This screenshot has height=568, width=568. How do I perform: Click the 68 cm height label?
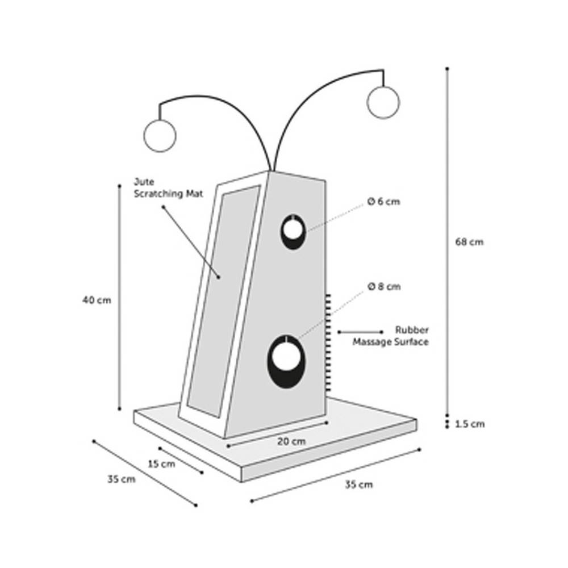(x=469, y=241)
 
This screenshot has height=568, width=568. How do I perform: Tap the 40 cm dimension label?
(x=97, y=300)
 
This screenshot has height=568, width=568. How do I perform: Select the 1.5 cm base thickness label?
(x=470, y=424)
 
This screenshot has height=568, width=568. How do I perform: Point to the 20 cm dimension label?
(x=291, y=441)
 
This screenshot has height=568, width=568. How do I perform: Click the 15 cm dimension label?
(x=161, y=463)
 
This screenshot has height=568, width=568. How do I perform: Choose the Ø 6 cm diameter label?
(x=383, y=202)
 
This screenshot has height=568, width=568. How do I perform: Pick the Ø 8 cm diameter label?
(x=384, y=286)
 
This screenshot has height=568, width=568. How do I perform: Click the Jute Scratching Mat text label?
(x=169, y=187)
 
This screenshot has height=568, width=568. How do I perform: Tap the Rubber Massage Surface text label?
(x=391, y=336)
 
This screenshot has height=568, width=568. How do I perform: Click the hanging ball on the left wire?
(x=160, y=136)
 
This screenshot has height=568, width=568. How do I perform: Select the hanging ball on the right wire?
(x=383, y=102)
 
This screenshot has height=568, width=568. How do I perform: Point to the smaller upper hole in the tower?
(x=293, y=232)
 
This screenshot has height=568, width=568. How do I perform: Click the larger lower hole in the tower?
(x=286, y=362)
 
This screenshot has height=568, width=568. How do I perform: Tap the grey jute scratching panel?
(x=224, y=300)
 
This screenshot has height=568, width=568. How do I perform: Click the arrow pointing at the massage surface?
(x=360, y=332)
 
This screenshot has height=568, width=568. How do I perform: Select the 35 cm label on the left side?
(x=122, y=479)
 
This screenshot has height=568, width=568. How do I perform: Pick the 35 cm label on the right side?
(x=358, y=485)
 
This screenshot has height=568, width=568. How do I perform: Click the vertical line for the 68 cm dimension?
(x=448, y=242)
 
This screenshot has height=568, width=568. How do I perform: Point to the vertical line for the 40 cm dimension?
(x=119, y=298)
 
